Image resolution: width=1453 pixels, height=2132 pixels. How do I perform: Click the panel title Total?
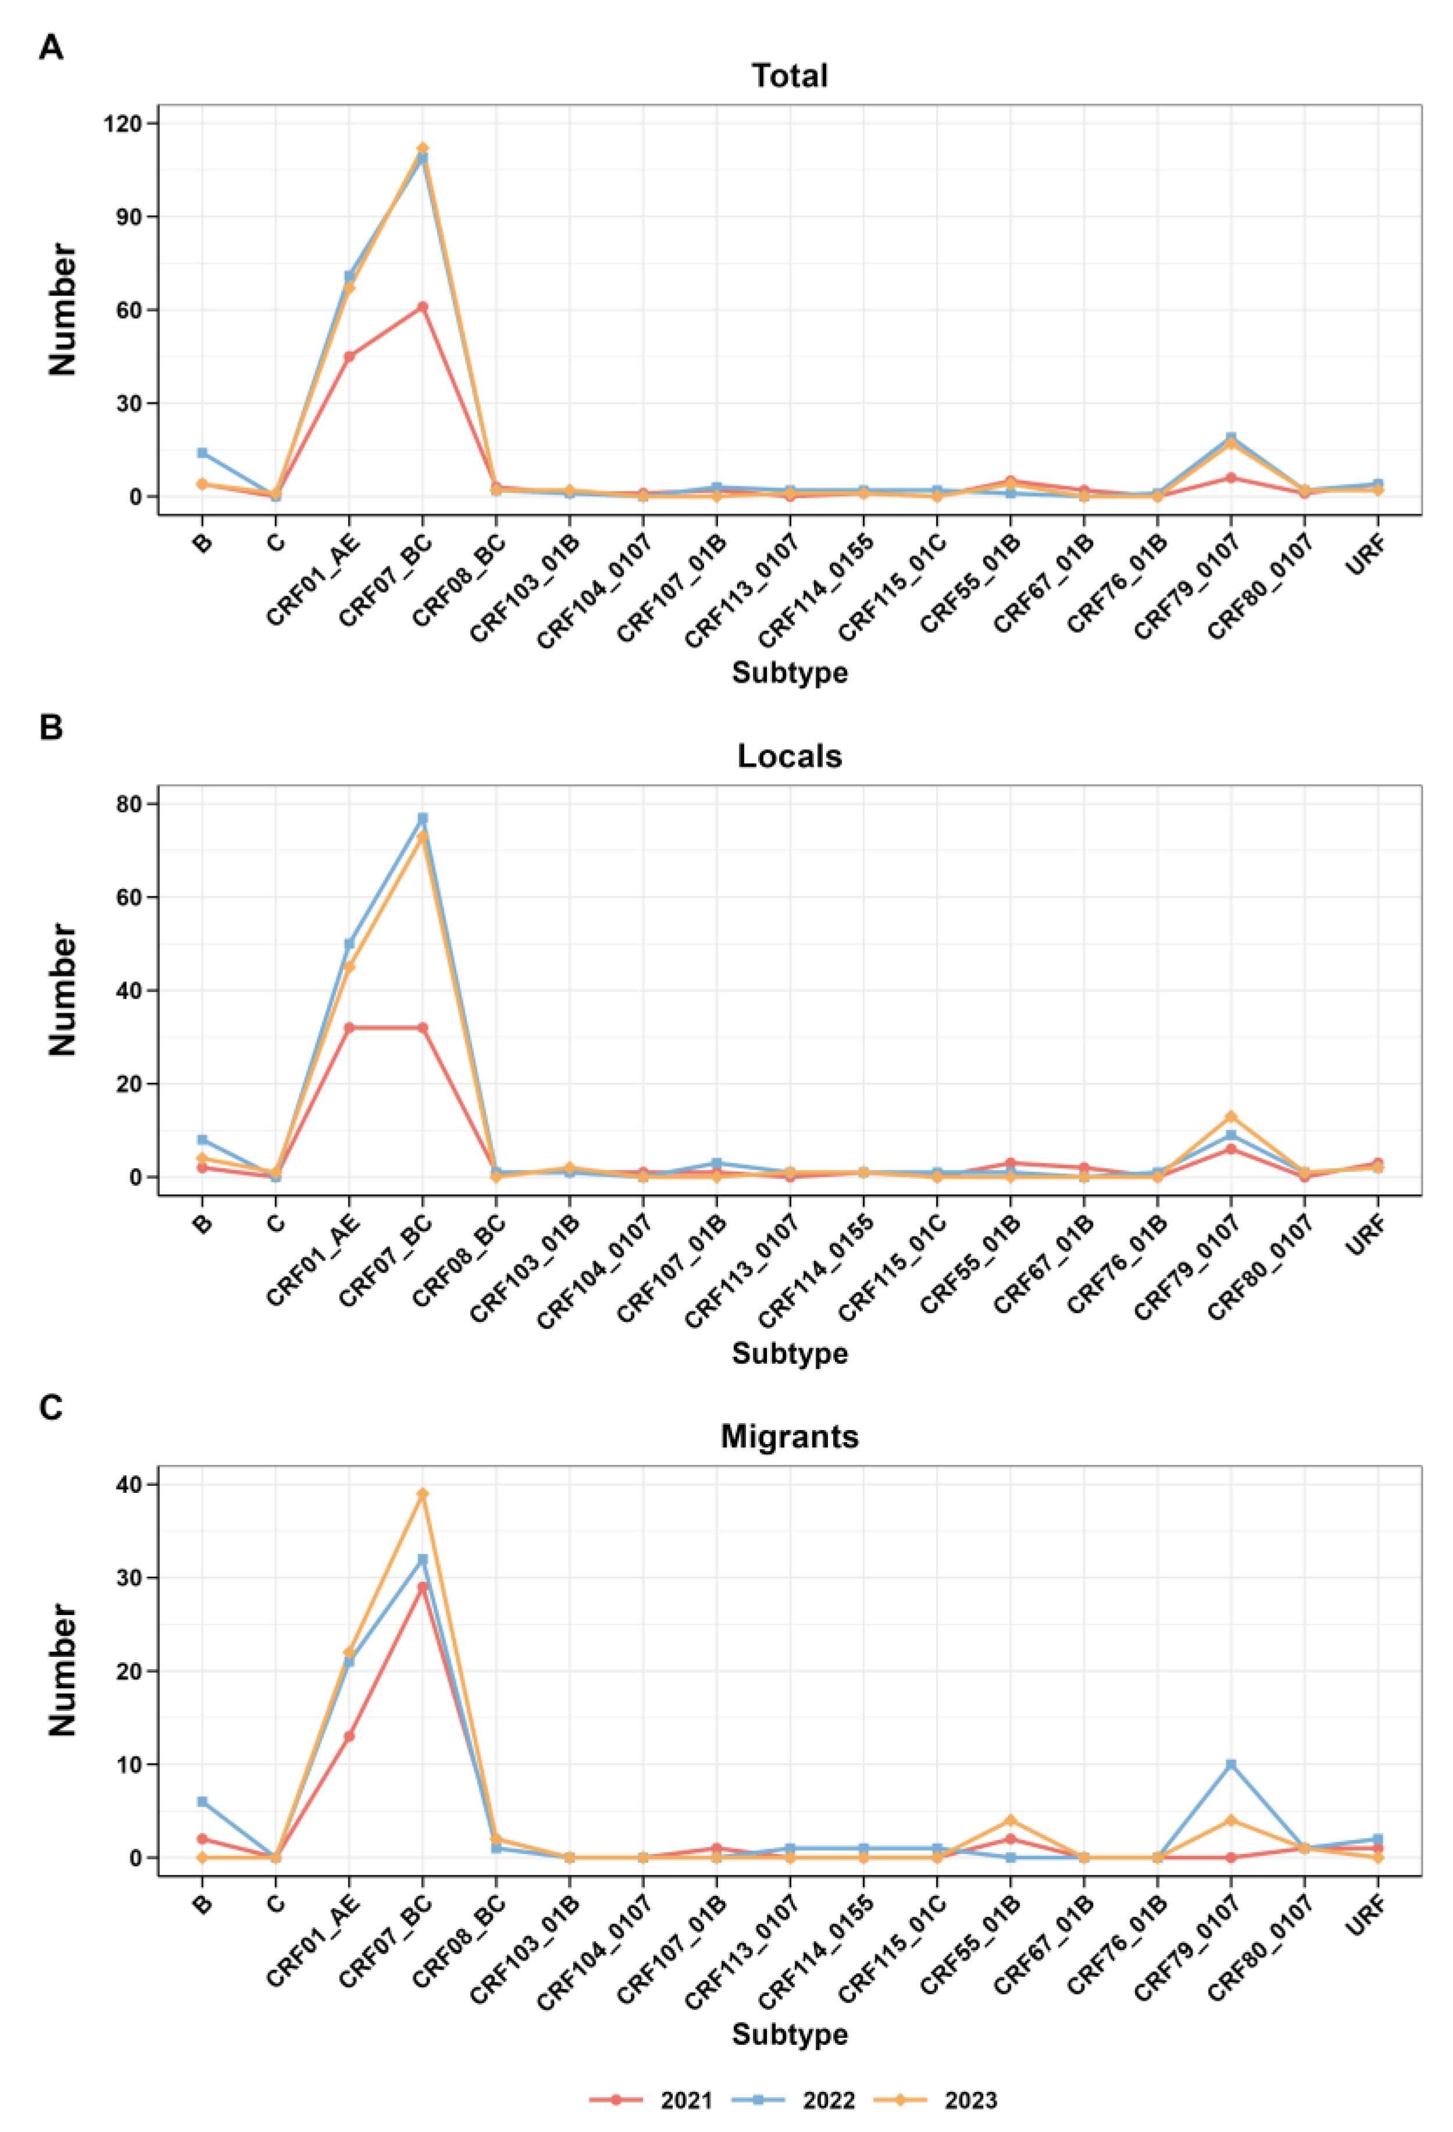tap(789, 75)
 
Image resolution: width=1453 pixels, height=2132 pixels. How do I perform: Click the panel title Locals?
tap(789, 756)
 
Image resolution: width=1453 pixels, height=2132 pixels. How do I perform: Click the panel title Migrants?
tap(789, 1436)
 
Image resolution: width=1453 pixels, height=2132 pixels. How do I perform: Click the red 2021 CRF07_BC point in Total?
tap(423, 306)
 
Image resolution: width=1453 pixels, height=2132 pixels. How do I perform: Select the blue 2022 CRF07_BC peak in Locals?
tap(423, 818)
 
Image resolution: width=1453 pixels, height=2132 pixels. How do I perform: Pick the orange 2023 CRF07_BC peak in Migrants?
tap(423, 1493)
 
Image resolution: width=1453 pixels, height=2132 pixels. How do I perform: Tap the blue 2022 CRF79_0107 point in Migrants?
tap(1230, 1764)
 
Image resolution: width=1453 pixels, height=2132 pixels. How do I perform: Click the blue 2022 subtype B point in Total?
tap(202, 452)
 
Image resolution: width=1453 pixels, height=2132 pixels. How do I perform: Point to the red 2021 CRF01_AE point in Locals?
tap(349, 1028)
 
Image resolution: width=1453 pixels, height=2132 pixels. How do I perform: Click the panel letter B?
tap(51, 728)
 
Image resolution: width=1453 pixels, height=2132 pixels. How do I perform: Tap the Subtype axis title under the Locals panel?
tap(789, 1353)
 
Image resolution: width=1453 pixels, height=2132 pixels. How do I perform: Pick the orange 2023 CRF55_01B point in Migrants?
tap(1010, 1820)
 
